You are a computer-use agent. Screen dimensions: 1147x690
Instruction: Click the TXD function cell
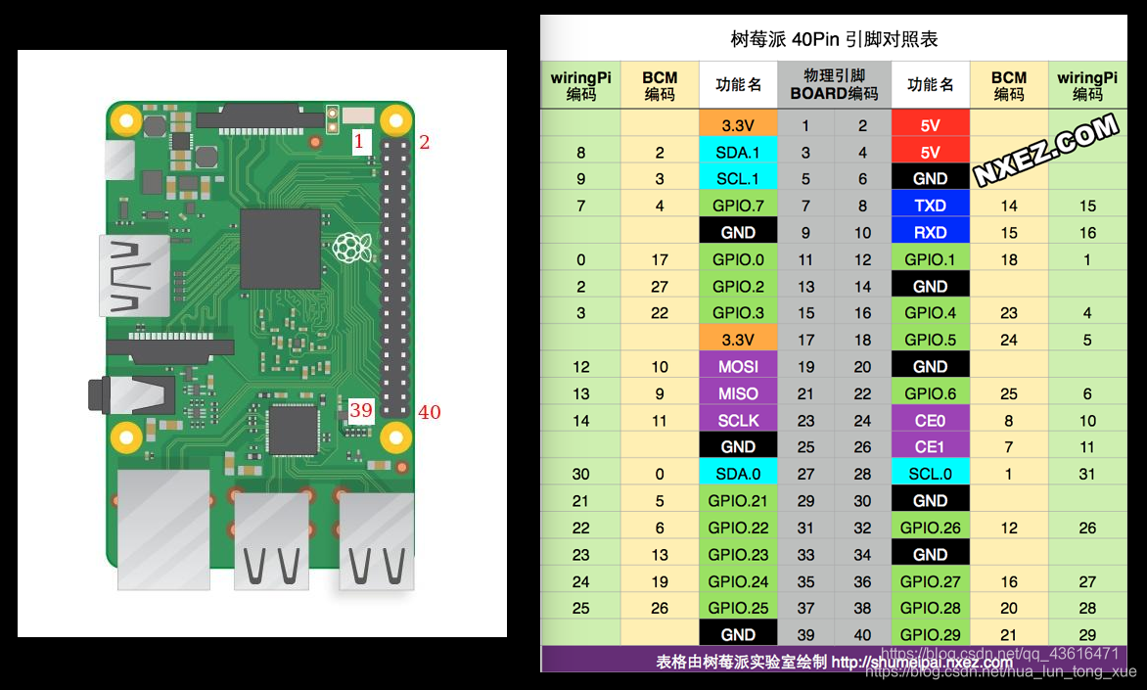tap(930, 206)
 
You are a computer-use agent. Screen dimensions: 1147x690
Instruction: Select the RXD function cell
tap(930, 233)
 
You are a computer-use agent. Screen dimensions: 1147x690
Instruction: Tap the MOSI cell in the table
tap(738, 367)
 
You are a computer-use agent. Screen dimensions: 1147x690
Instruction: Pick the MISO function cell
tap(738, 393)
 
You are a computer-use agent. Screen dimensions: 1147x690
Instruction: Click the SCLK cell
tap(738, 421)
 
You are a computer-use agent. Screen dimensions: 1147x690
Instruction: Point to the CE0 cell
tap(930, 421)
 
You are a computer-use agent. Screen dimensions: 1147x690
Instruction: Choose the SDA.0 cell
tap(738, 474)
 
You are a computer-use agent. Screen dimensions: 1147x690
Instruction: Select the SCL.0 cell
tap(930, 474)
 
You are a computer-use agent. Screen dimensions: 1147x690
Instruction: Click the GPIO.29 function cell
tap(930, 634)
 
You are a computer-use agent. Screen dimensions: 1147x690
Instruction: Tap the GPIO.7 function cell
tap(738, 206)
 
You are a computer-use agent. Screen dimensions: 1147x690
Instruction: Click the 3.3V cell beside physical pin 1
tap(738, 125)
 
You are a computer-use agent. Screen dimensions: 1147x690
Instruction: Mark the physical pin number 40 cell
tap(862, 634)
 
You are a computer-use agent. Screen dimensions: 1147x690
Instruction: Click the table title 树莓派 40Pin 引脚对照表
tap(834, 39)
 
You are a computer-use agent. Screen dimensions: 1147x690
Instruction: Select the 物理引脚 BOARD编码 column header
tap(834, 85)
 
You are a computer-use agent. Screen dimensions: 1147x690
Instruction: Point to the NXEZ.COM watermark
tap(1046, 150)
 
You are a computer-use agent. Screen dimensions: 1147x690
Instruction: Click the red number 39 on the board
tap(360, 410)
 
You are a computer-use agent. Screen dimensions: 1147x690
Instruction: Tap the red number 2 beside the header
tap(425, 143)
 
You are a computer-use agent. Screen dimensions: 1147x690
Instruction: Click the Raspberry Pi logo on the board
tap(352, 248)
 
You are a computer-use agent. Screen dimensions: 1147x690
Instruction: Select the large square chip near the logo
tap(280, 249)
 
